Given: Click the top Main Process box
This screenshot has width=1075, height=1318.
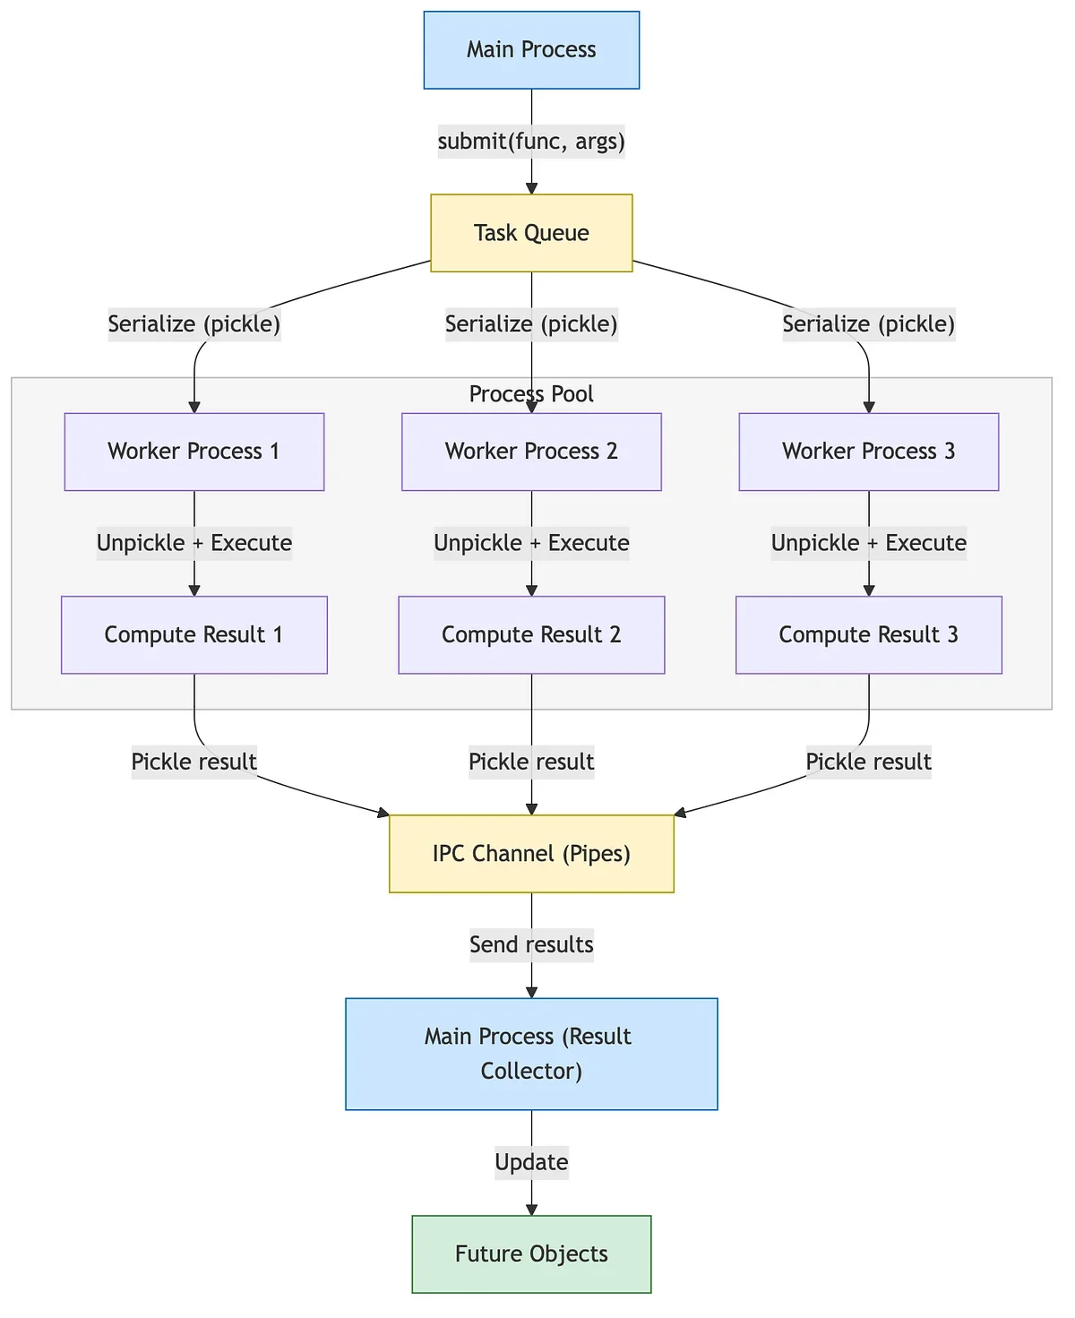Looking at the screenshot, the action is pos(531,50).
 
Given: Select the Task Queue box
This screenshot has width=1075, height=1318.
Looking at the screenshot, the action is pos(531,233).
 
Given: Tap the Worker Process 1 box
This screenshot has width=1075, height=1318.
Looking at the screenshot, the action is pos(194,452).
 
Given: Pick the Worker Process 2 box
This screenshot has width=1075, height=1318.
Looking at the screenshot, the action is pos(531,452).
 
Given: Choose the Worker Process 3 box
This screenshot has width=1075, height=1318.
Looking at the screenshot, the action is pos(869,452).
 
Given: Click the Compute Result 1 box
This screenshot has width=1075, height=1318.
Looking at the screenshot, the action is pos(194,635).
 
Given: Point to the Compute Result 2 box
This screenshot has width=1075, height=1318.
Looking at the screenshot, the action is pos(531,635).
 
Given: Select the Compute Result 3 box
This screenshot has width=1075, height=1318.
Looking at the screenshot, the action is pos(869,635).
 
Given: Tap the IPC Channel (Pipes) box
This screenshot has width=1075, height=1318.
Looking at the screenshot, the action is pos(531,854).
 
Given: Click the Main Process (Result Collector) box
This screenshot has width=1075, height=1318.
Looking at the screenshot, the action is pos(531,1054).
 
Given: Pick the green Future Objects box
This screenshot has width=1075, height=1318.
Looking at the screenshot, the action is pos(531,1253).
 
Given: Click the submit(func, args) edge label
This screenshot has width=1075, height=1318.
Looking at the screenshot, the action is pos(531,142).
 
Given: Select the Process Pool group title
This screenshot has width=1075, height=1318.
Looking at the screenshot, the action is pos(531,393).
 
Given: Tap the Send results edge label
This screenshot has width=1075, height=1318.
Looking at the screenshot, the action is pos(531,944).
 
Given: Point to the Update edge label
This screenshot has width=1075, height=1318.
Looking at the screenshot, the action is pos(531,1162).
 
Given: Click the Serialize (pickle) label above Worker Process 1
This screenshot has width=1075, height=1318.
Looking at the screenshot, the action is pos(194,324).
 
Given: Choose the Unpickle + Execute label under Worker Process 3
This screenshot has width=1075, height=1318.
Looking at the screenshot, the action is pos(869,543).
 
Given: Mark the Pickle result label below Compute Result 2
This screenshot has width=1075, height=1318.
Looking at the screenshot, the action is pos(531,762).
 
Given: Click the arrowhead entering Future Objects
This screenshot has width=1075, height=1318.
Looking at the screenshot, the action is pos(531,1210).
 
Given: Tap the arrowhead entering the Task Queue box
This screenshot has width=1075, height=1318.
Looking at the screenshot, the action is pos(531,189).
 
